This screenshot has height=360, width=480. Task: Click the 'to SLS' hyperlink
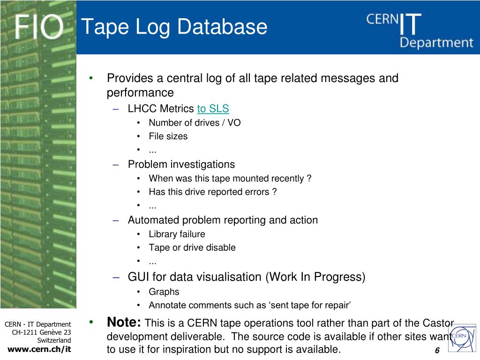coord(213,109)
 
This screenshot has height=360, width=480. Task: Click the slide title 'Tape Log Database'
coord(174,27)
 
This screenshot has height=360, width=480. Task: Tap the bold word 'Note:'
coord(124,322)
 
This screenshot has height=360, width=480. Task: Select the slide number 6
coord(437,351)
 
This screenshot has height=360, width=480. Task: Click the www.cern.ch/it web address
coord(39,349)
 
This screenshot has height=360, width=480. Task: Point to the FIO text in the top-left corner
coord(38,27)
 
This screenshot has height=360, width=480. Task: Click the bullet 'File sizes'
coord(168,136)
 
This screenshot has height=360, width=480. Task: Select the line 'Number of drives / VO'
coord(195,123)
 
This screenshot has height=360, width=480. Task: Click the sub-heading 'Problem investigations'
coord(181,165)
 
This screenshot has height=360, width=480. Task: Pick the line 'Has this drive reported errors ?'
coord(212,192)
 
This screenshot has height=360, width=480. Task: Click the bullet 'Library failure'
coord(177,234)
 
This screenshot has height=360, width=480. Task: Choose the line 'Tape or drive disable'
coord(192,247)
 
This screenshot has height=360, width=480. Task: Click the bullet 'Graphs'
coord(164,292)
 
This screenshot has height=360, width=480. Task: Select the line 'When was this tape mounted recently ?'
coord(230,179)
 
